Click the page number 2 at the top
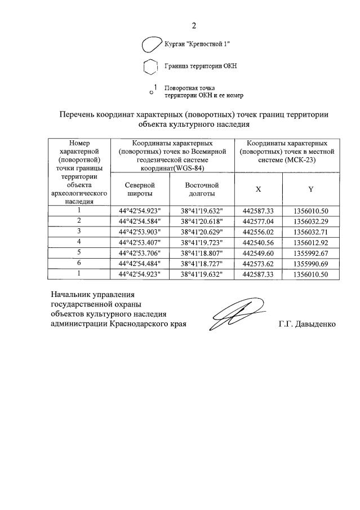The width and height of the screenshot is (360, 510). click(194, 25)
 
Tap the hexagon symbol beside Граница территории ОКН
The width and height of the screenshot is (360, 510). click(150, 66)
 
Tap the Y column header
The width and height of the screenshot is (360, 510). click(310, 189)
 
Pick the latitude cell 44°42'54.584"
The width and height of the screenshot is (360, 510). click(140, 221)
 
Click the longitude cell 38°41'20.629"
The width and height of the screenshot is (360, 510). click(202, 232)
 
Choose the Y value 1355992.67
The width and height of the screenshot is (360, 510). click(310, 253)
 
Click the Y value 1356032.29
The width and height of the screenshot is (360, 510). click(310, 221)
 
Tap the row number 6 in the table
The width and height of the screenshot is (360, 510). click(79, 263)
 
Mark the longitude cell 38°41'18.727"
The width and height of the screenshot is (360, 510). click(202, 264)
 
